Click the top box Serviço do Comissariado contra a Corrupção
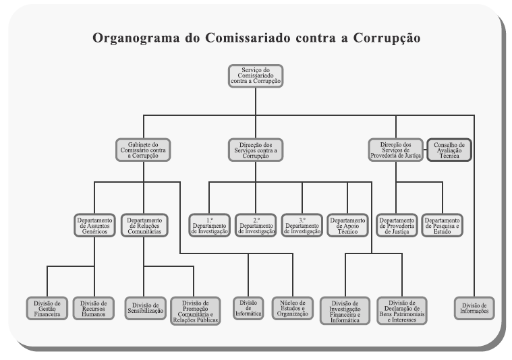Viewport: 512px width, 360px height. (x=256, y=76)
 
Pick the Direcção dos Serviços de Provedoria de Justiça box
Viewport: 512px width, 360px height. (x=395, y=149)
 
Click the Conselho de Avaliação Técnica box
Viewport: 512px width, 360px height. (x=449, y=149)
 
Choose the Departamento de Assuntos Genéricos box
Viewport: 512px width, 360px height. (x=94, y=224)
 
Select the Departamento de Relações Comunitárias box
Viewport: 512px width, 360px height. (x=144, y=224)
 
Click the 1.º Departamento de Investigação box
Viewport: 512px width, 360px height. (x=210, y=224)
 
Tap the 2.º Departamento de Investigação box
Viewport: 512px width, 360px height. (x=256, y=224)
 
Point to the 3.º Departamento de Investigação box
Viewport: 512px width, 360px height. (x=302, y=224)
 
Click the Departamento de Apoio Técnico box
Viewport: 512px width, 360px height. (x=347, y=224)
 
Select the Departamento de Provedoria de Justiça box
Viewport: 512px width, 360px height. (x=397, y=224)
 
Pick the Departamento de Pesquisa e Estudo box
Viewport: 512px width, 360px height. (x=443, y=224)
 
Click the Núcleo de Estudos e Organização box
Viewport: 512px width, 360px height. (x=293, y=307)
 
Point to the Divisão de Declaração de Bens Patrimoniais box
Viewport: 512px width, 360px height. (x=402, y=310)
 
